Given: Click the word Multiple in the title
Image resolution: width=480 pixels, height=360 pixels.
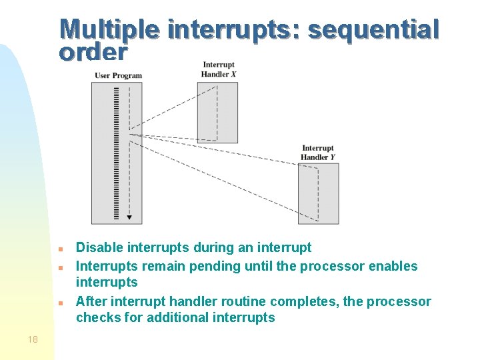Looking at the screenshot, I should [109, 29].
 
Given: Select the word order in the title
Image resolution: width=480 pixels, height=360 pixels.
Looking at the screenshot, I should [93, 51].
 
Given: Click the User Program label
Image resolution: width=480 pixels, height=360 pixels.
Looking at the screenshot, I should [118, 75].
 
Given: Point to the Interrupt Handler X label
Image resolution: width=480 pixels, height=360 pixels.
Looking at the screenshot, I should [219, 69].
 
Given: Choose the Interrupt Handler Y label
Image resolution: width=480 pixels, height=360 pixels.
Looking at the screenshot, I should [317, 153].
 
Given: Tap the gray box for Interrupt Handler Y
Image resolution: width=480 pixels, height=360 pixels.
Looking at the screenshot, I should [319, 193].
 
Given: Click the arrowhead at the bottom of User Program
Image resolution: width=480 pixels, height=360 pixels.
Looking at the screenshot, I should [129, 217].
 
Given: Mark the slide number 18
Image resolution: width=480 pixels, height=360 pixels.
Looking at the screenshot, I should [33, 339].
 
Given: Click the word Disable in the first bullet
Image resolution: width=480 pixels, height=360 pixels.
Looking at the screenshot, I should [99, 248].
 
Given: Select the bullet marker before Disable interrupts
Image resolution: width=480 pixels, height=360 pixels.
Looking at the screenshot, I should [60, 249].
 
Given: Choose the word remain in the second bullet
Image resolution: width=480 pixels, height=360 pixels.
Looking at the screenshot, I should [163, 266].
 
